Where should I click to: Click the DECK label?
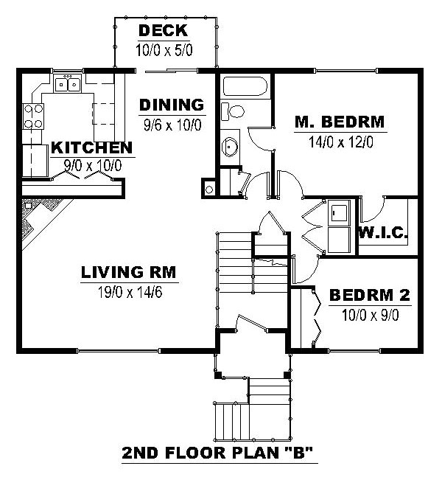(164, 30)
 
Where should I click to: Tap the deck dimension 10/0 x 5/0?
(164, 50)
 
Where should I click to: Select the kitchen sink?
(67, 83)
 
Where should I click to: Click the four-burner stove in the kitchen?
(33, 116)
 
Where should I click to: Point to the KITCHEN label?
(92, 147)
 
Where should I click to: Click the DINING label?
(172, 105)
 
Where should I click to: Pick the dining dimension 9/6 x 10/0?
(172, 125)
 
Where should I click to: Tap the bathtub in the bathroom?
(245, 86)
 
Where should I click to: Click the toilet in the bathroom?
(233, 111)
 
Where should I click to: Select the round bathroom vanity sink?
(230, 147)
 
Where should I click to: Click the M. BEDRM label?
(340, 122)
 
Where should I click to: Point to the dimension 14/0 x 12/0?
(341, 142)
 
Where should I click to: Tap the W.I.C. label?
(383, 233)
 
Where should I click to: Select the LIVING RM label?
(129, 272)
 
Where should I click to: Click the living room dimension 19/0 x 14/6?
(130, 292)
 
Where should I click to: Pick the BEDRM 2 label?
(370, 295)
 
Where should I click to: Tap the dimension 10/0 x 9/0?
(370, 316)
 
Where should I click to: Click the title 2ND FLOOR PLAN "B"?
(218, 453)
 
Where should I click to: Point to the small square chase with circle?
(209, 188)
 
